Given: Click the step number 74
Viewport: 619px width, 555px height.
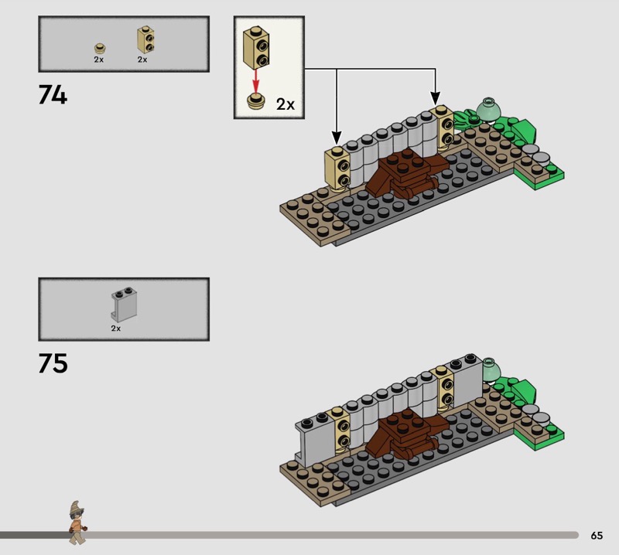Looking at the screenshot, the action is pyautogui.click(x=53, y=95).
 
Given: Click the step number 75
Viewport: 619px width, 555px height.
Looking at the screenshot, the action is pyautogui.click(x=53, y=363).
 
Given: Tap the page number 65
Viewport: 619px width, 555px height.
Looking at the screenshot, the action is pyautogui.click(x=597, y=535).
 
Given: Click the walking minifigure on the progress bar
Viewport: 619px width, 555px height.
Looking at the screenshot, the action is pyautogui.click(x=77, y=523).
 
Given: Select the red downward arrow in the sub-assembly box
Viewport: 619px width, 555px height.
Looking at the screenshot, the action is pyautogui.click(x=256, y=81).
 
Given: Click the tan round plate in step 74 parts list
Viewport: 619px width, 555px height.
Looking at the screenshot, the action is pyautogui.click(x=101, y=49).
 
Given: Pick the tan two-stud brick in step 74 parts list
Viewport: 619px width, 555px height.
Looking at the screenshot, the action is pyautogui.click(x=145, y=39).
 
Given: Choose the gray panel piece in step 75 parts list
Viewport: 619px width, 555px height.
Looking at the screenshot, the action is pyautogui.click(x=124, y=305).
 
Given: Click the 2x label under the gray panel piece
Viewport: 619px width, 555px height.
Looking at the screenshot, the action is pyautogui.click(x=115, y=329).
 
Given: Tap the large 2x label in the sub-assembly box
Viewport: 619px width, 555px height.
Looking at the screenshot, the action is pyautogui.click(x=286, y=104).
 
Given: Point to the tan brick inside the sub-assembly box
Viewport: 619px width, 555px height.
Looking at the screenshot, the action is pyautogui.click(x=256, y=48).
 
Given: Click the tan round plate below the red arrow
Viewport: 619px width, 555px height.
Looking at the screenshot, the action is pyautogui.click(x=256, y=100).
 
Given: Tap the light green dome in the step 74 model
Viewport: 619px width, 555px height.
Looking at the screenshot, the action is pyautogui.click(x=489, y=108).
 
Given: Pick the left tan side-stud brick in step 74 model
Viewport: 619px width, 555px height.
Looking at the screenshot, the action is pyautogui.click(x=337, y=169).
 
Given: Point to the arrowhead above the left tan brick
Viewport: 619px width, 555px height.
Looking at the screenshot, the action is pyautogui.click(x=337, y=138).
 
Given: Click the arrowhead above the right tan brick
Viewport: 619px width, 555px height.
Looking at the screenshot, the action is pyautogui.click(x=435, y=98).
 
